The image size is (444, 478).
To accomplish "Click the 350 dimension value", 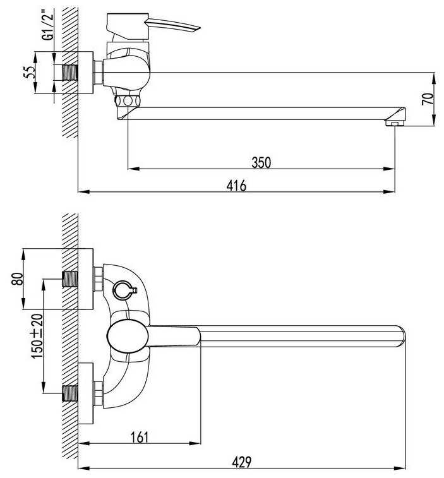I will [261, 162].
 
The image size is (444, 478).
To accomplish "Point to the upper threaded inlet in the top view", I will [69, 278].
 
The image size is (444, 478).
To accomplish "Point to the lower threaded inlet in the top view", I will [69, 393].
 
